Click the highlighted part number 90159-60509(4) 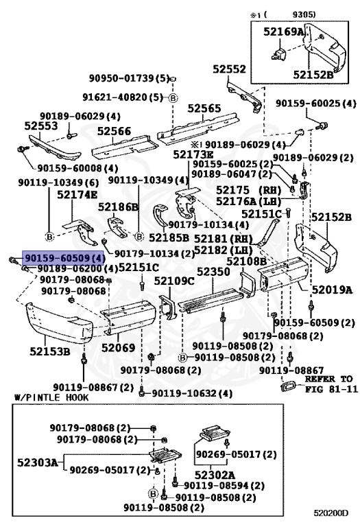click(64, 257)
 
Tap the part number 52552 click(228, 69)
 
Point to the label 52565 click(204, 108)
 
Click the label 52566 click(113, 130)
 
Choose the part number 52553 click(40, 126)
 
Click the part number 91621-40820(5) click(128, 98)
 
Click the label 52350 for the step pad click(214, 272)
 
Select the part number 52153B click(49, 352)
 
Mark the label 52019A click(331, 290)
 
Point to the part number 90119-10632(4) click(191, 393)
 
